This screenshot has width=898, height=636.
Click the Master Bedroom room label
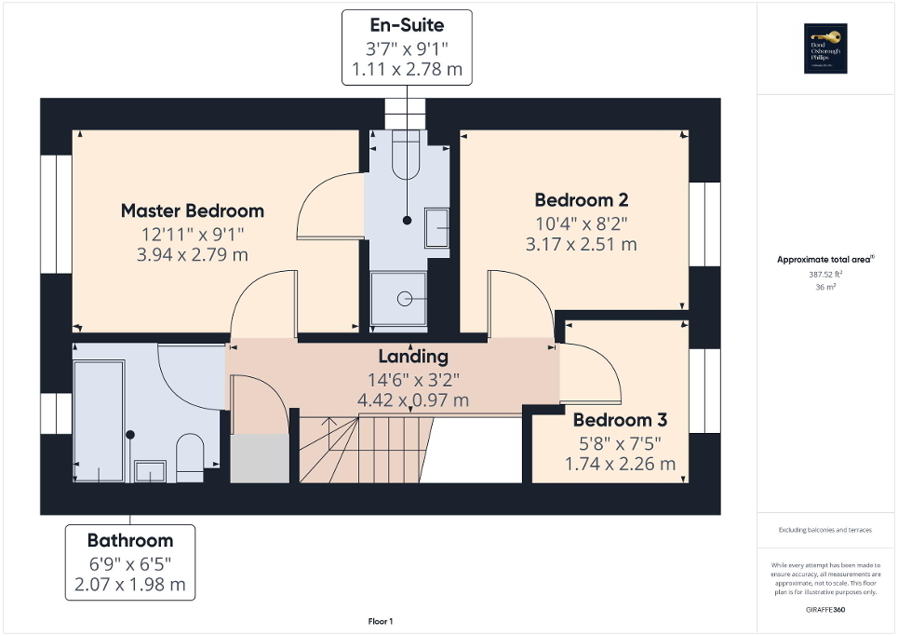click(193, 210)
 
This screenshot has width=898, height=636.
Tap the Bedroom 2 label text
click(581, 199)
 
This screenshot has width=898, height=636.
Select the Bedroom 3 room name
click(619, 420)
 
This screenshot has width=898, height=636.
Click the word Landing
click(413, 356)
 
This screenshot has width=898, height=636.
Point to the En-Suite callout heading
click(407, 25)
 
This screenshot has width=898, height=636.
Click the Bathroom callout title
click(130, 540)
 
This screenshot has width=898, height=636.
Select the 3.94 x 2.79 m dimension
click(193, 254)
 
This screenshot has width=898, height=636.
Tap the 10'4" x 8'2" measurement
click(581, 223)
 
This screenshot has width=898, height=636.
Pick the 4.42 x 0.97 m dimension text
click(413, 400)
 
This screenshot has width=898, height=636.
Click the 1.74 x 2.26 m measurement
click(619, 464)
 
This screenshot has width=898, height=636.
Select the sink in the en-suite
click(436, 226)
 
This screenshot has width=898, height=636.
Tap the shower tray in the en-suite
click(399, 299)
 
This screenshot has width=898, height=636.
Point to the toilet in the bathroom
click(190, 455)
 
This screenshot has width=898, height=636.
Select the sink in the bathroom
click(149, 471)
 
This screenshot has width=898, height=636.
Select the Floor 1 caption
click(381, 621)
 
